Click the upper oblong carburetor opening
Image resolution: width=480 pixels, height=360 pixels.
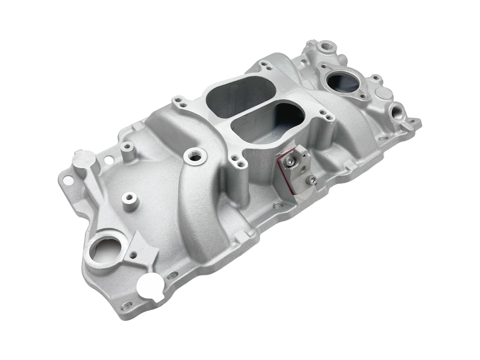point(240,95)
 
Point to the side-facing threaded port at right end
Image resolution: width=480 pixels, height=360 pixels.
point(398,110)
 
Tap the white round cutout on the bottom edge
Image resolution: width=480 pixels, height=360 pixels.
point(150,287)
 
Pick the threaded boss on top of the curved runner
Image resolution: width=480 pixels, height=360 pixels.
point(195,156)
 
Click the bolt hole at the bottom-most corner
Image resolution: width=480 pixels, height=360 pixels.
point(127,305)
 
